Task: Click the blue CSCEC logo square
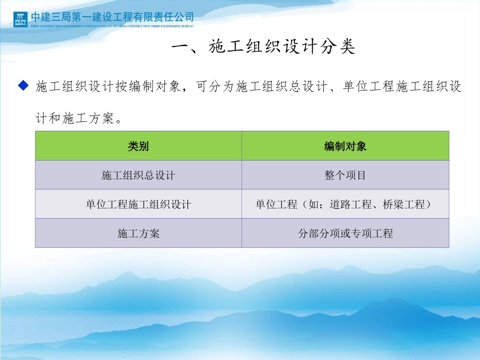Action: click(20, 19)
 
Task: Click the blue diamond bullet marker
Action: click(22, 86)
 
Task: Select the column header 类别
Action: click(138, 146)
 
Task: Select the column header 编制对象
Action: click(345, 146)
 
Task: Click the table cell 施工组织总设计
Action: click(138, 175)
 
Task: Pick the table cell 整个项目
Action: click(345, 175)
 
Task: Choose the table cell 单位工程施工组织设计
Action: click(138, 204)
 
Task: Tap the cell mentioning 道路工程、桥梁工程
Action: click(345, 204)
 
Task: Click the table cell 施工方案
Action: click(138, 233)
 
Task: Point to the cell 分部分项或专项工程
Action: click(345, 233)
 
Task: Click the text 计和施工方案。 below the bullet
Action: click(78, 119)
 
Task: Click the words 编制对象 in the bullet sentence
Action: click(147, 87)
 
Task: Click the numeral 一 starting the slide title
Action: click(180, 47)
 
